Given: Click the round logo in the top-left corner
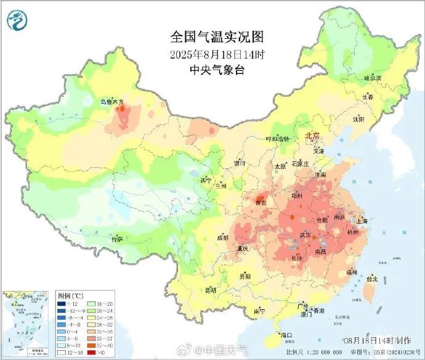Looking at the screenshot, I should pyautogui.click(x=18, y=20).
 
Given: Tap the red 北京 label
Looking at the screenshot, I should pyautogui.click(x=312, y=136).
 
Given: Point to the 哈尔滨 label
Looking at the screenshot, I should pyautogui.click(x=373, y=78).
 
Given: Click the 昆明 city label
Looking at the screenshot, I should pyautogui.click(x=211, y=289).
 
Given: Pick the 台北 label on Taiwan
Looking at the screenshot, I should pyautogui.click(x=371, y=279).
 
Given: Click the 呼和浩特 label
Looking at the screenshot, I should pyautogui.click(x=277, y=140).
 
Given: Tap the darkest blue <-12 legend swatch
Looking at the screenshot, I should pyautogui.click(x=62, y=303).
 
